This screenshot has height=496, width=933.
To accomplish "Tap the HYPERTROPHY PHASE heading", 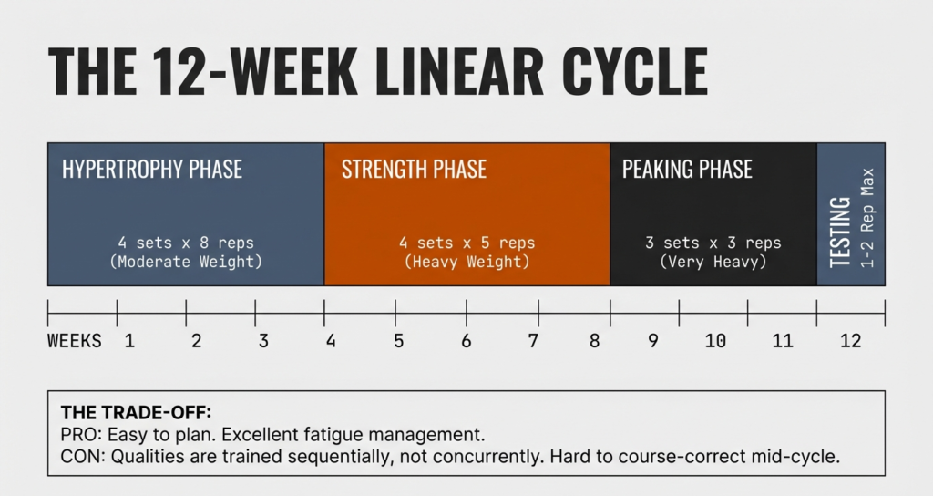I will [152, 170].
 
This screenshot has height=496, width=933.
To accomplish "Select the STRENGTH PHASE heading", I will [414, 170].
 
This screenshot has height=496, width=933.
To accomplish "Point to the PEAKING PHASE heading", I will [687, 170].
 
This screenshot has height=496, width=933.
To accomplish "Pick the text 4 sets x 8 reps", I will [186, 243].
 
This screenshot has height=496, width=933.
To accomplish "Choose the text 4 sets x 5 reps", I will [466, 243].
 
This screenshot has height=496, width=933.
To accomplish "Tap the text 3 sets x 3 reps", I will [713, 243].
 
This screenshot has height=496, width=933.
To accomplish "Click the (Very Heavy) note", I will [713, 262].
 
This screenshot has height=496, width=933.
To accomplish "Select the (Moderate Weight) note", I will [186, 262].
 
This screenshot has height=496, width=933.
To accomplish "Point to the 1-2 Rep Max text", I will [866, 217].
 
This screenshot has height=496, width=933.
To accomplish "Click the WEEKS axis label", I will [74, 342].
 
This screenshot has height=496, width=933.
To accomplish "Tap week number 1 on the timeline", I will [129, 342].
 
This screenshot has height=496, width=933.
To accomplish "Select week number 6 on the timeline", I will [466, 342].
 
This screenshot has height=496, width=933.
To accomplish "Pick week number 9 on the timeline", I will [652, 342].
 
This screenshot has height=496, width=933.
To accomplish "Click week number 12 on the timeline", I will [850, 342].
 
